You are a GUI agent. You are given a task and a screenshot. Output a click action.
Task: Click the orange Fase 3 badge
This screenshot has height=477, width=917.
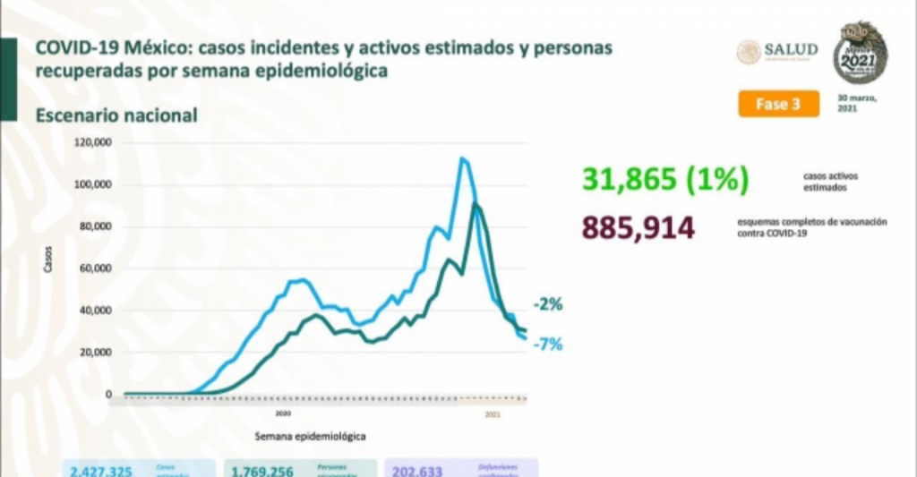click(778, 104)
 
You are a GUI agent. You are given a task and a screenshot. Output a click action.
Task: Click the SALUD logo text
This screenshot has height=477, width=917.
click(792, 51)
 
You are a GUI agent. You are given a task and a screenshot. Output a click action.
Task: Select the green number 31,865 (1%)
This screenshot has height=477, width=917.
click(664, 180)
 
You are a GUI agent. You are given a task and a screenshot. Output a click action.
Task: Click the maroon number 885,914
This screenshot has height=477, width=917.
click(638, 227)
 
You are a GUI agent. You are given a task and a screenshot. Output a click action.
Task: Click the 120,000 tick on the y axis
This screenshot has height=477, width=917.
click(93, 143)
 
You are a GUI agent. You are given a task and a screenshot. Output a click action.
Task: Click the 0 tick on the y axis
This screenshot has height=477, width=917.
click(108, 395)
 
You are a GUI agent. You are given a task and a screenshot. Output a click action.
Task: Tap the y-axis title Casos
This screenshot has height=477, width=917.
click(47, 260)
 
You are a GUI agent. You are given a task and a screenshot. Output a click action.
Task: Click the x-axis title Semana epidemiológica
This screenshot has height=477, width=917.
click(310, 436)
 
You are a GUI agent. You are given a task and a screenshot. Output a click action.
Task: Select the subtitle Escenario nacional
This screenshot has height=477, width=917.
click(116, 115)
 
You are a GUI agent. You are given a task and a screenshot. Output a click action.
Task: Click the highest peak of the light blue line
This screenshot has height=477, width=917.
click(461, 159)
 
